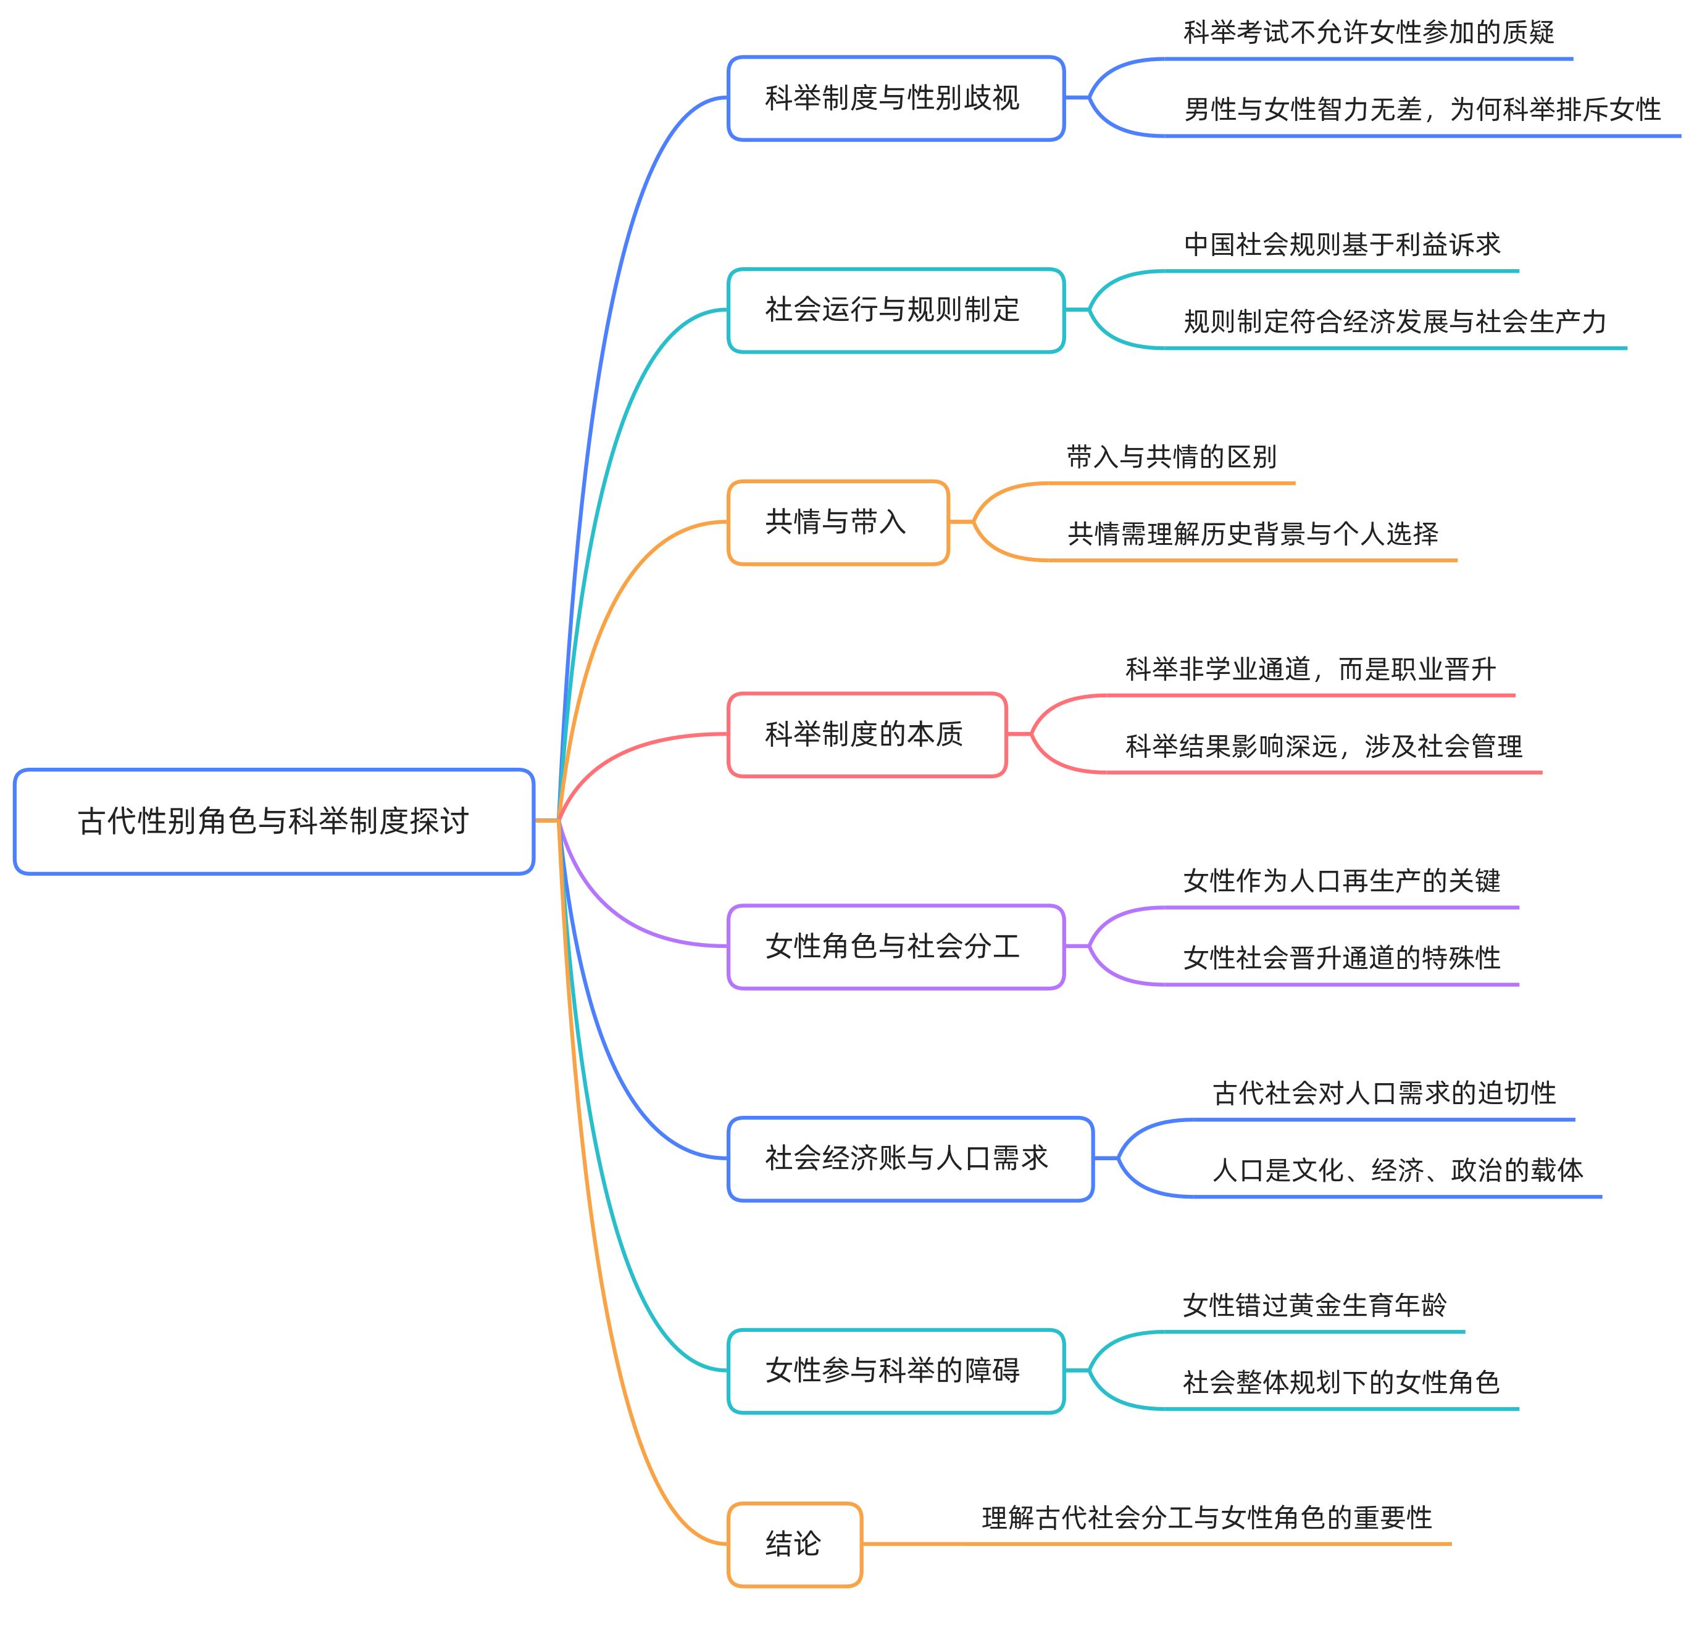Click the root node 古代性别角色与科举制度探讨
(x=273, y=821)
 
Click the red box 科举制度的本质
(x=867, y=734)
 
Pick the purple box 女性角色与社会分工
(x=895, y=947)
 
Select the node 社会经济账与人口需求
(x=909, y=1158)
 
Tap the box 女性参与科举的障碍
(x=895, y=1370)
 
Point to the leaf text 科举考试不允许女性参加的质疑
(x=1368, y=33)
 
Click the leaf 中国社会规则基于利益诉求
(x=1341, y=246)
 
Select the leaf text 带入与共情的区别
(x=1171, y=457)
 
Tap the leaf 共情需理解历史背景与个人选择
(x=1253, y=534)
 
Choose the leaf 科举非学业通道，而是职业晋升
(x=1310, y=670)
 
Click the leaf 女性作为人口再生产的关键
(x=1341, y=881)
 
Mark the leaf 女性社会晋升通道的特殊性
(x=1341, y=958)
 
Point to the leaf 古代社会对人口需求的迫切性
(x=1383, y=1094)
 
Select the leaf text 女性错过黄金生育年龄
(x=1314, y=1305)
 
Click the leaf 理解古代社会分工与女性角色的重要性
(x=1206, y=1518)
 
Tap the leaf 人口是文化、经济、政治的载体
(x=1398, y=1171)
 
